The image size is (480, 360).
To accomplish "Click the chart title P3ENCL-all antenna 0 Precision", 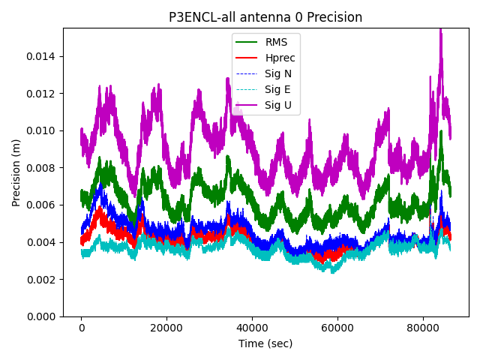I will point(265,17).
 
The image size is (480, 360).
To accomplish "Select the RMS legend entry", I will point(277,42).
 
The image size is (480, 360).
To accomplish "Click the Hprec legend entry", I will point(280,58).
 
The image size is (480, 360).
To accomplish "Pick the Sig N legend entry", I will point(278,73).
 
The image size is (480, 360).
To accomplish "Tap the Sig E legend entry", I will point(277,89).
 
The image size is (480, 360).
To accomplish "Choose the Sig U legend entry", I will point(278,105).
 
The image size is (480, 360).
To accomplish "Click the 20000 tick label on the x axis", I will point(166,328).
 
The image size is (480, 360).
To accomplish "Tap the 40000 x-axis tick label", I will point(252,328).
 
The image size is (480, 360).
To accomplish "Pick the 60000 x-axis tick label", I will point(337,328).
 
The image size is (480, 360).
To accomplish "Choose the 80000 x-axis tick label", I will point(422,328).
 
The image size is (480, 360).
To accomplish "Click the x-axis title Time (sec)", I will point(265,343).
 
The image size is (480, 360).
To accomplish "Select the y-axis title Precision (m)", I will point(16,172).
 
